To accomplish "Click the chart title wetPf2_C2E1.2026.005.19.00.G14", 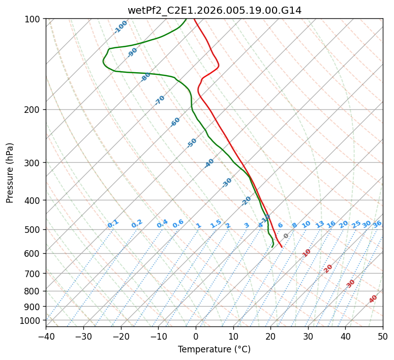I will pyautogui.click(x=214, y=10).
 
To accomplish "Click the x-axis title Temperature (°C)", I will pyautogui.click(x=214, y=349).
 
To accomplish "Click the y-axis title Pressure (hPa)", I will pyautogui.click(x=10, y=172).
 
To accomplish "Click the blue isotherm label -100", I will pyautogui.click(x=120, y=27).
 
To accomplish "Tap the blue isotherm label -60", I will pyautogui.click(x=175, y=122).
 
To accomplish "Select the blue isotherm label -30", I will pyautogui.click(x=227, y=182).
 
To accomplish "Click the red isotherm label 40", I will pyautogui.click(x=373, y=299).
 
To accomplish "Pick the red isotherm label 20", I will pyautogui.click(x=328, y=268).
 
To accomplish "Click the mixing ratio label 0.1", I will pyautogui.click(x=113, y=223).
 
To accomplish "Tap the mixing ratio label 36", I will pyautogui.click(x=377, y=224).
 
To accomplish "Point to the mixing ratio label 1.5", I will pyautogui.click(x=216, y=223).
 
